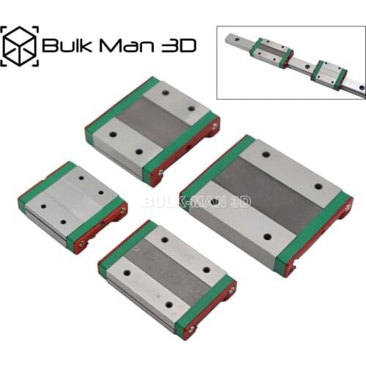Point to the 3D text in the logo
[177, 45]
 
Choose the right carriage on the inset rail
[327, 72]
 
